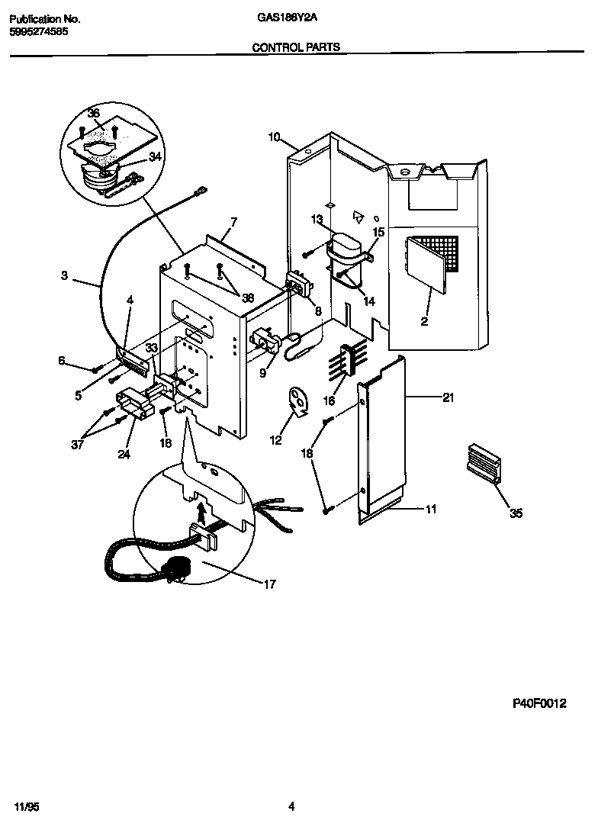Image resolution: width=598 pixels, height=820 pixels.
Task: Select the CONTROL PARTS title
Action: click(x=296, y=47)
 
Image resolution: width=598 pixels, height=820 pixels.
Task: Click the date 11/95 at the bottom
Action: click(x=24, y=806)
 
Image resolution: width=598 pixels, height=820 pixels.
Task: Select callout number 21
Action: click(x=448, y=397)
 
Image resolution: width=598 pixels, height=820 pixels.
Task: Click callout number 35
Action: click(x=516, y=513)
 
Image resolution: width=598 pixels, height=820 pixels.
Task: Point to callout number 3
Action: click(x=64, y=275)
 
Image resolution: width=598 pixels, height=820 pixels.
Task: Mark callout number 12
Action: click(x=276, y=439)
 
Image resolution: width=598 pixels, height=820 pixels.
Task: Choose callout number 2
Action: click(x=424, y=322)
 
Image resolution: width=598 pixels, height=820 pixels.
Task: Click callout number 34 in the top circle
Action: click(x=155, y=157)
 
